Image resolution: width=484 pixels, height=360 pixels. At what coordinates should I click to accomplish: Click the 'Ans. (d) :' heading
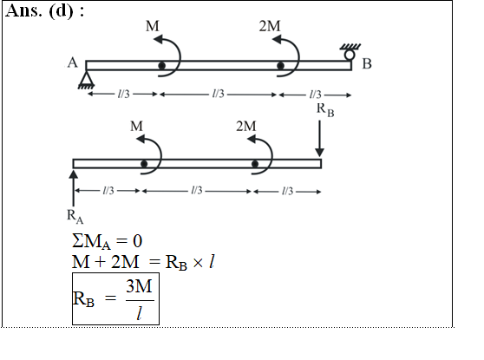(45, 10)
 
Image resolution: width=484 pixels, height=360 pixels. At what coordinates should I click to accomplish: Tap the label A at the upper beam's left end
(73, 62)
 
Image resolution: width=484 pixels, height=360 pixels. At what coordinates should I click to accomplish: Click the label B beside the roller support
(367, 64)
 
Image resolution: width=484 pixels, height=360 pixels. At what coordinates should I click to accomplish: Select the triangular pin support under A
(86, 80)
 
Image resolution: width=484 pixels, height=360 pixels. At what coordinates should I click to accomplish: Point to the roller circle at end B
(350, 55)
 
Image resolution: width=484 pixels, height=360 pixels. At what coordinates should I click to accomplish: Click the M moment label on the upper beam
(153, 26)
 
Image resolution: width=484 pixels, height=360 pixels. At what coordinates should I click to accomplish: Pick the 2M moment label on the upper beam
(270, 26)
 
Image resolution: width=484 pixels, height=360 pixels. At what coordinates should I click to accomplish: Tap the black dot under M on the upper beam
(161, 65)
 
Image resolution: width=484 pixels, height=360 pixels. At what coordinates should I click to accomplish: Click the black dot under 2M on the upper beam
(280, 66)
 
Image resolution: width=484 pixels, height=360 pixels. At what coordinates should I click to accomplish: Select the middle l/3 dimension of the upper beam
(218, 94)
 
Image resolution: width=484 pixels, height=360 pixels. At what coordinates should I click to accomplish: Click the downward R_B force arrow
(319, 139)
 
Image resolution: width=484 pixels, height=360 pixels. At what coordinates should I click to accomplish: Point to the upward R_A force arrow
(74, 188)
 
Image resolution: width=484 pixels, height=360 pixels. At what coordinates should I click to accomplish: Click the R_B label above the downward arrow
(325, 109)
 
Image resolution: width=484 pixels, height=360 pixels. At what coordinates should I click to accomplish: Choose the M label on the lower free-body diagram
(136, 127)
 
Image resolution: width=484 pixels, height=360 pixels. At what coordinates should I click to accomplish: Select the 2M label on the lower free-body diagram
(246, 127)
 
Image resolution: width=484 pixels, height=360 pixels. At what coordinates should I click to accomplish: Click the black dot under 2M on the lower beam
(255, 164)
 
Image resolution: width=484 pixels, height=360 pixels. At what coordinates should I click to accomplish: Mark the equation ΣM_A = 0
(107, 241)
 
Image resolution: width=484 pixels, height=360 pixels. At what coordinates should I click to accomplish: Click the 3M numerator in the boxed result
(139, 286)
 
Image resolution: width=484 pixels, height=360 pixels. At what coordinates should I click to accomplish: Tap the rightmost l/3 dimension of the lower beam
(287, 191)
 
